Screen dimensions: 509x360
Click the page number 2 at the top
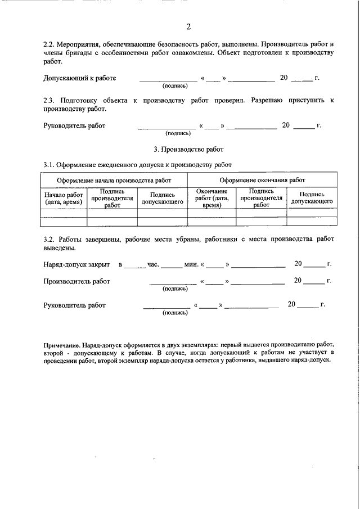pos(188,26)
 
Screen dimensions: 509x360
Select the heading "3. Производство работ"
pos(188,150)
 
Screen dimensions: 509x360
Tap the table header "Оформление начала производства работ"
pos(114,179)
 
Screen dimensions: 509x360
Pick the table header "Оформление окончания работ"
pos(262,179)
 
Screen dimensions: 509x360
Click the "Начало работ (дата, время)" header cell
pos(64,198)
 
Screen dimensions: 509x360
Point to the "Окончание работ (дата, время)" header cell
pos(211,198)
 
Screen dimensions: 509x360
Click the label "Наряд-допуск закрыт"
pos(76,263)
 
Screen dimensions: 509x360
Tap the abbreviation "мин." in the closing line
pos(192,263)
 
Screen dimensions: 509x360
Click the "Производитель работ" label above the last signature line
pos(76,281)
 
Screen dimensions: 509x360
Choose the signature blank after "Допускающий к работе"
pos(168,80)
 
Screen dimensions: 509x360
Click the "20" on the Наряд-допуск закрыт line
pos(299,263)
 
